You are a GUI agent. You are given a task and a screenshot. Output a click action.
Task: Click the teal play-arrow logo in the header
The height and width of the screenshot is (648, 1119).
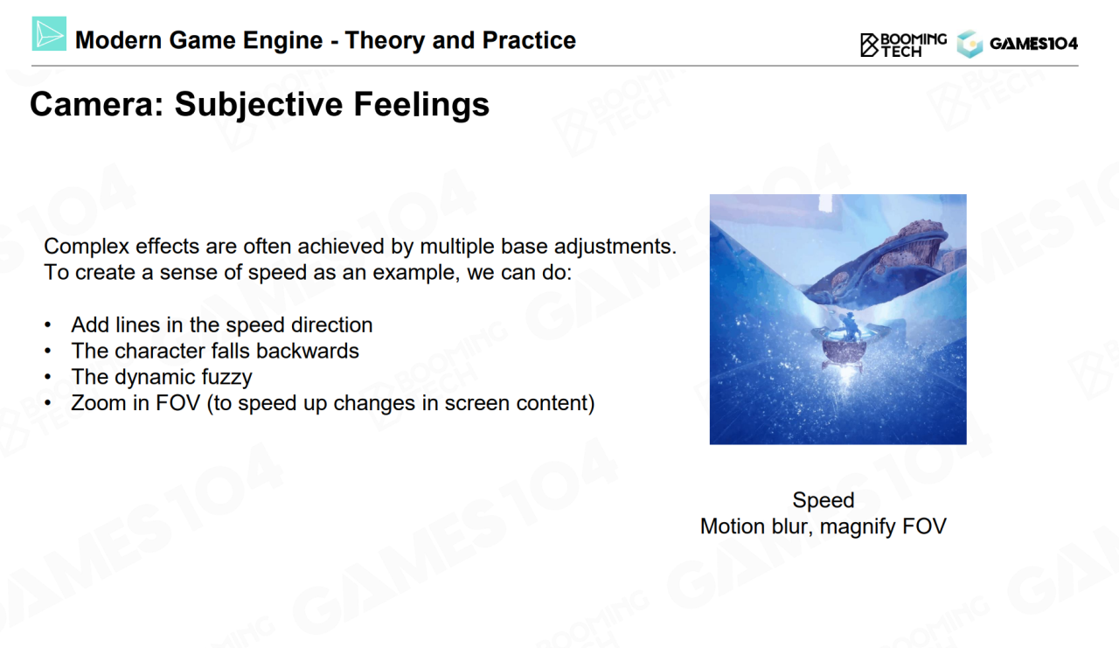[49, 33]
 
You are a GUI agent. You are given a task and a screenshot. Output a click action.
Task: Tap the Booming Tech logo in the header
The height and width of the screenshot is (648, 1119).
[903, 45]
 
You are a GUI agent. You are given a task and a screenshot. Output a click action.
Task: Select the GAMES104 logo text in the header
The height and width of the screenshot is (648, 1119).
[1033, 44]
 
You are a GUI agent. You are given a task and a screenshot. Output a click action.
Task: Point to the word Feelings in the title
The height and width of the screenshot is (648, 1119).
[421, 105]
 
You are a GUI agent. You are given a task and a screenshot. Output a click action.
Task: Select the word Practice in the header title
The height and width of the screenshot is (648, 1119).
[529, 40]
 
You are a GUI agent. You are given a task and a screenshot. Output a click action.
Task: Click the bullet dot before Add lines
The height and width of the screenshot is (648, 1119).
[48, 325]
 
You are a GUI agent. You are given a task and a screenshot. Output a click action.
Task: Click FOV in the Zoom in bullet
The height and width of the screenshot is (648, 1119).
[177, 403]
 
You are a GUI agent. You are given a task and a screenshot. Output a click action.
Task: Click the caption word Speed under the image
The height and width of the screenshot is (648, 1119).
[824, 500]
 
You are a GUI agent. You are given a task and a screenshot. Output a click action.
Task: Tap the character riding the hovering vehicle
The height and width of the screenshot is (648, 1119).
[848, 328]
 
